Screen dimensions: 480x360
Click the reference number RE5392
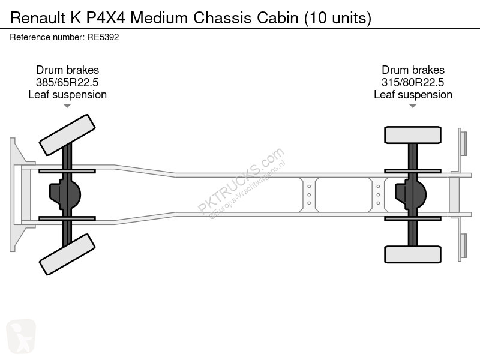103,37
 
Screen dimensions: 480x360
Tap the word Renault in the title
38,18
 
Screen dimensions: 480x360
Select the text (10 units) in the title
337,18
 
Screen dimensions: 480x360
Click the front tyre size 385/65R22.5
67,82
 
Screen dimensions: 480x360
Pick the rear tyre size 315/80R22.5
413,82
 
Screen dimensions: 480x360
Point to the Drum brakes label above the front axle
67,70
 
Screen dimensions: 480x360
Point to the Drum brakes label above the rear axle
413,70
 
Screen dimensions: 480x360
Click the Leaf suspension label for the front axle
67,95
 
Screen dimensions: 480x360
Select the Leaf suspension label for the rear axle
413,95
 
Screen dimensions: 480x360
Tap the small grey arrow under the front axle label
67,106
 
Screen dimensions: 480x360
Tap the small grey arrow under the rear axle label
413,106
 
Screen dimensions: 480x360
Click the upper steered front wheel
67,135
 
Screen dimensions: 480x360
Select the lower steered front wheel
67,254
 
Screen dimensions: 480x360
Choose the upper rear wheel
413,135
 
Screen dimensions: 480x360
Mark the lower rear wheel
413,254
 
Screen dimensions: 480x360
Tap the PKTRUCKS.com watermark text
241,181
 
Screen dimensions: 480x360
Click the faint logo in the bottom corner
21,336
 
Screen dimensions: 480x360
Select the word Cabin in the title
277,18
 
